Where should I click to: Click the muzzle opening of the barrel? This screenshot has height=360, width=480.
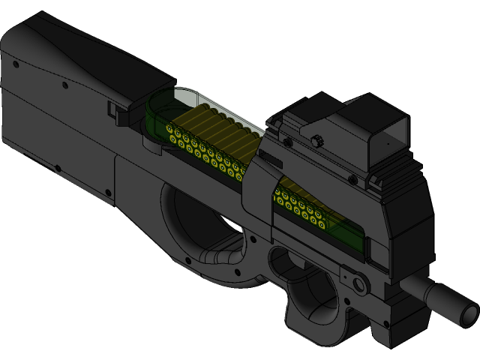click(x=469, y=310)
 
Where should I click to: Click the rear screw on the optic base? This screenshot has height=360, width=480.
click(x=287, y=141)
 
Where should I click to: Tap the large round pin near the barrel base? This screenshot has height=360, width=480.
click(x=358, y=284)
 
